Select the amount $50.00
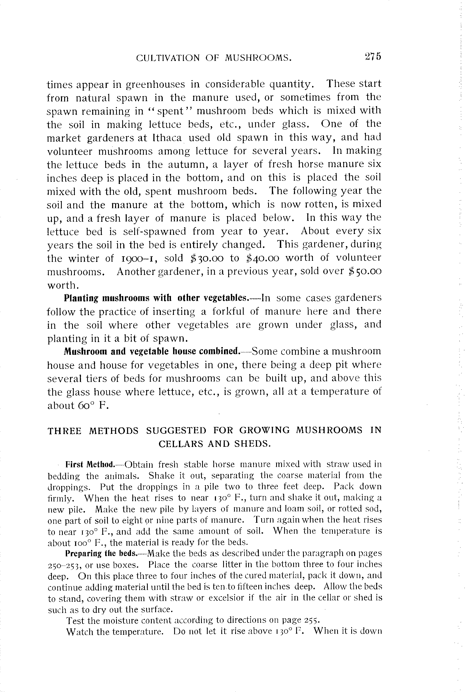(x=365, y=271)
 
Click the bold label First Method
(x=90, y=464)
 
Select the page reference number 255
(x=312, y=620)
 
